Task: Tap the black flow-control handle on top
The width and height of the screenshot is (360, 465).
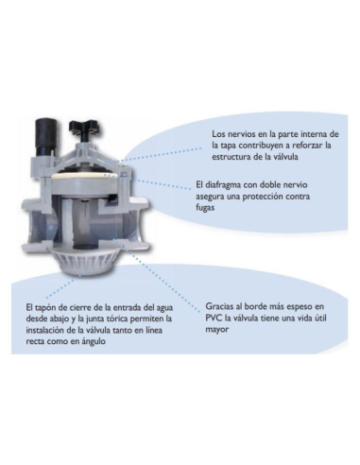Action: click(85, 130)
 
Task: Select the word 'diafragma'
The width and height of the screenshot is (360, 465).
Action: click(222, 185)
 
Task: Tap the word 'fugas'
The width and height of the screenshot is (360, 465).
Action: click(205, 208)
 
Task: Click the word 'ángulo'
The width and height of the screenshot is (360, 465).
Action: click(94, 342)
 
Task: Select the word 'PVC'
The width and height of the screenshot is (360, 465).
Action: click(214, 318)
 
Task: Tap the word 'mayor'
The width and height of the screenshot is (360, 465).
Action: click(216, 330)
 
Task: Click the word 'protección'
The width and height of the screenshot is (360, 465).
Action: click(266, 197)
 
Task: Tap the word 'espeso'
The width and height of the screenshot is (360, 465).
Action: click(299, 307)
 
